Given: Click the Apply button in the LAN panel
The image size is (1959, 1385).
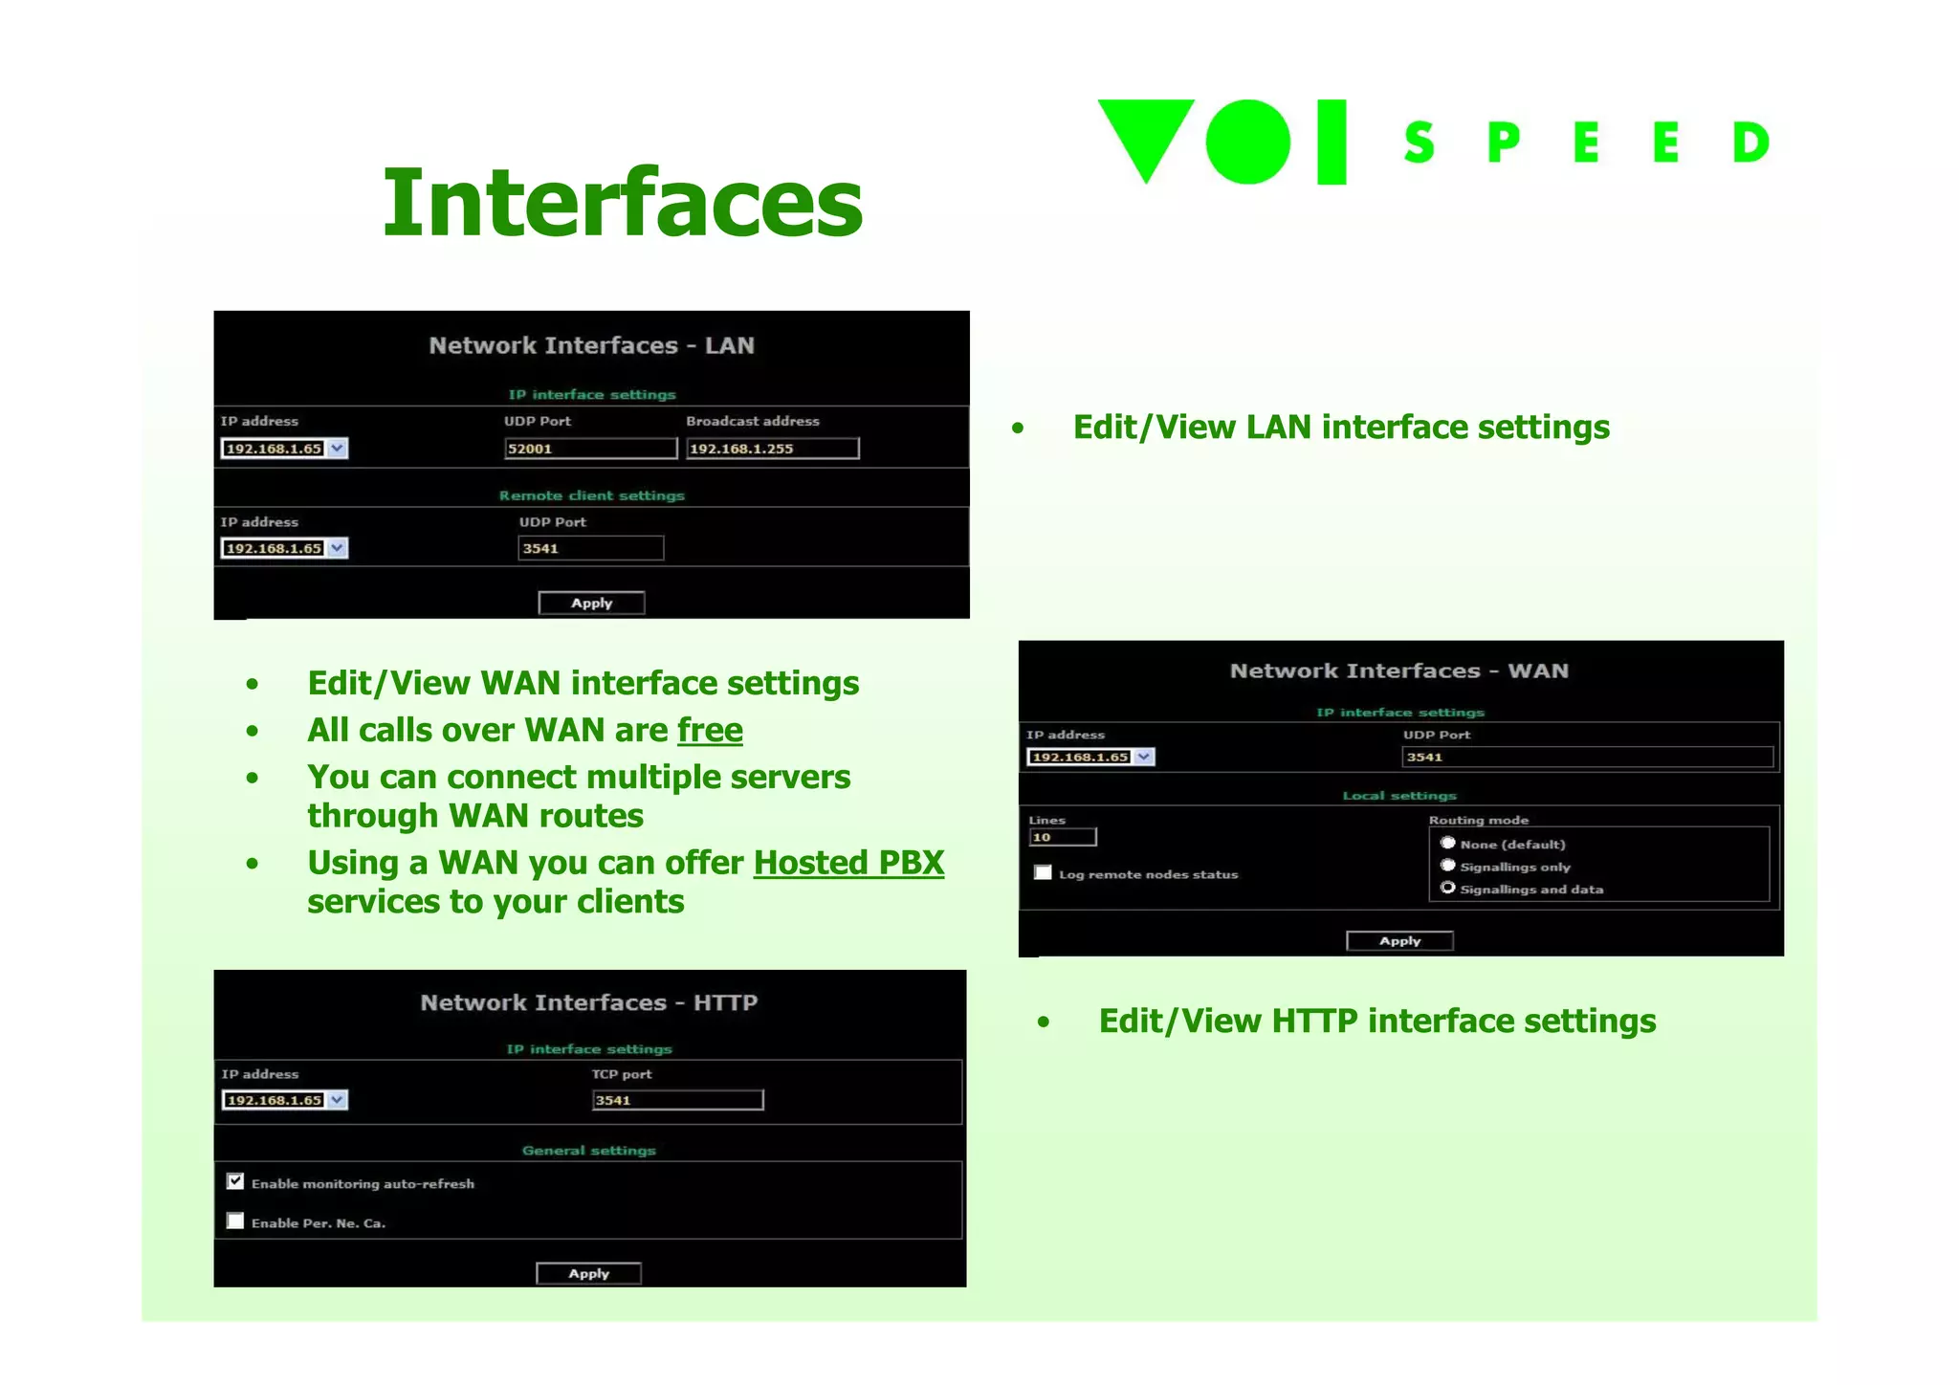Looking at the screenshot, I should [x=591, y=603].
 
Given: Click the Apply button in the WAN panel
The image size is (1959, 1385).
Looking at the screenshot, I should [x=1399, y=941].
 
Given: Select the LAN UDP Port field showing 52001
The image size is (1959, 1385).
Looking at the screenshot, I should [x=590, y=449].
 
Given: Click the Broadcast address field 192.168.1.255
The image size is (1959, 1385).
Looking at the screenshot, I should [x=772, y=449].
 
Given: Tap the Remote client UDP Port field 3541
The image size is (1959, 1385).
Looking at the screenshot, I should [x=590, y=548].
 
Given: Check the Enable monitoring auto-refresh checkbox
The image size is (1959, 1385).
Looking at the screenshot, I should [x=235, y=1181].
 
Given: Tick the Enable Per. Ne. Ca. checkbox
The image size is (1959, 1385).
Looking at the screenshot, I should [x=235, y=1220].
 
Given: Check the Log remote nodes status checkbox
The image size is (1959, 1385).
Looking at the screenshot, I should [x=1043, y=872].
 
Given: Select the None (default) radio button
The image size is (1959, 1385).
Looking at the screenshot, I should [x=1448, y=843].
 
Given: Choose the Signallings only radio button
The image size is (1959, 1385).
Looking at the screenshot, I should [x=1448, y=866].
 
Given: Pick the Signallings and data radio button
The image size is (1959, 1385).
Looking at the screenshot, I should [x=1448, y=888].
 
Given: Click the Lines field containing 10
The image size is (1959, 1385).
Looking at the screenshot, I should [x=1062, y=837].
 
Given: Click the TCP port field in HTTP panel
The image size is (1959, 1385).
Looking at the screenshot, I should [x=677, y=1100].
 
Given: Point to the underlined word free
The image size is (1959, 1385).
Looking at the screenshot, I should [x=710, y=730].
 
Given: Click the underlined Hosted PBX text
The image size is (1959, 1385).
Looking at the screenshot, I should [x=848, y=863].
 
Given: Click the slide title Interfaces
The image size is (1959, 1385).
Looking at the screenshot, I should [x=623, y=202].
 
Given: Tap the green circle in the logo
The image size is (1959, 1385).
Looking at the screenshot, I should [x=1248, y=142].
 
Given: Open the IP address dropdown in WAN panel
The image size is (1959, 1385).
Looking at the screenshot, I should [x=1144, y=757].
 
